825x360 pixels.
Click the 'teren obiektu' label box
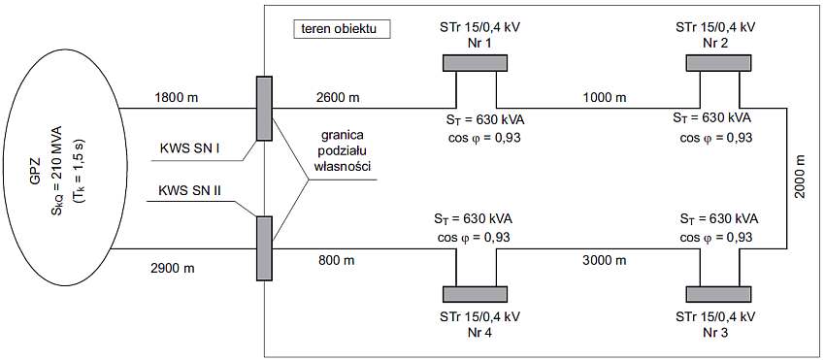(x=342, y=29)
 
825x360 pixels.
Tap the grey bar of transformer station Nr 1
(x=475, y=63)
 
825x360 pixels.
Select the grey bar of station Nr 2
(x=718, y=63)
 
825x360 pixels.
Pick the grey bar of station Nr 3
(x=718, y=294)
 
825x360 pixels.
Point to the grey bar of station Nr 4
(x=475, y=294)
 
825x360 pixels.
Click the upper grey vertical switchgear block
(x=264, y=109)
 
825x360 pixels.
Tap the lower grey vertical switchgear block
(x=264, y=248)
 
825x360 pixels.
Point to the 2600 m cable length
(x=340, y=97)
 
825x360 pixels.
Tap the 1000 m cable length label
(x=605, y=97)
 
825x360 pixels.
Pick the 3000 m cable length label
(x=605, y=259)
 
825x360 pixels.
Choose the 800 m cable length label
(x=336, y=259)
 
